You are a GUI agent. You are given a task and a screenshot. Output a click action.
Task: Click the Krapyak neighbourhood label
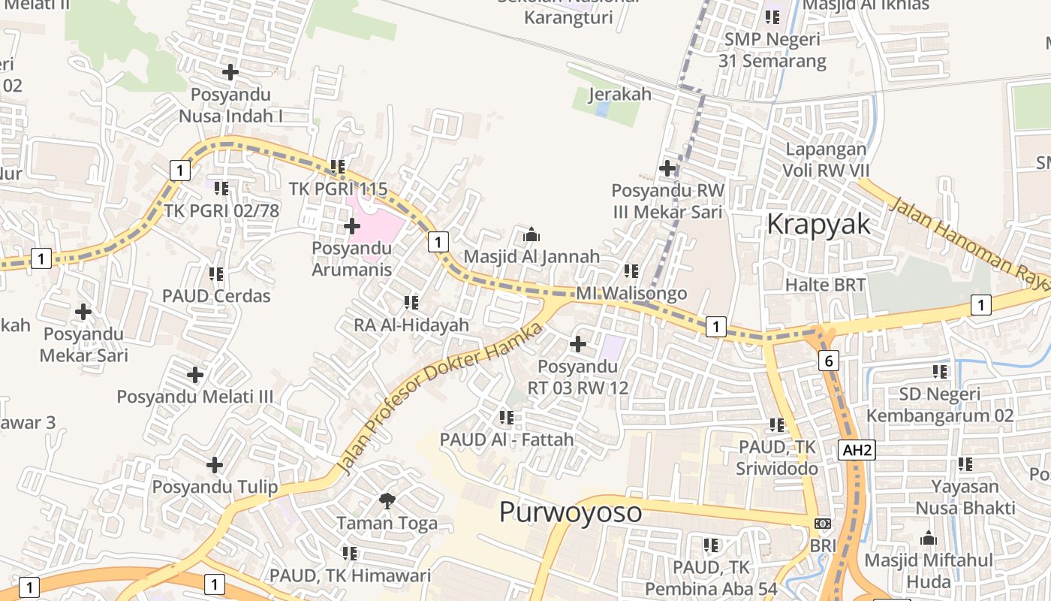(818, 225)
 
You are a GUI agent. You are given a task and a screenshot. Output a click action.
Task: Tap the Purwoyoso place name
(571, 512)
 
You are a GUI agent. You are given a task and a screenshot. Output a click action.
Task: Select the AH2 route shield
(857, 450)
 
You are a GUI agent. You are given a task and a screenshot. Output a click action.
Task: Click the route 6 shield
(828, 361)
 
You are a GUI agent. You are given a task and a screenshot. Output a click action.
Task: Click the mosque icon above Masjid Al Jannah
(532, 234)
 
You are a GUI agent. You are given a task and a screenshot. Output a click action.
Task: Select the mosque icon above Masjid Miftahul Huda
(929, 539)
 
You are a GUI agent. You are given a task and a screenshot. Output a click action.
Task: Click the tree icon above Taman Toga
(387, 500)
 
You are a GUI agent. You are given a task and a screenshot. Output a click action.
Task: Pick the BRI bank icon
(823, 524)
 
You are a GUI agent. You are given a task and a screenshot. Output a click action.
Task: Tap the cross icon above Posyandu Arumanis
(351, 225)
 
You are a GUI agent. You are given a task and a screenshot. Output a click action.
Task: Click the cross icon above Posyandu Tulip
(215, 465)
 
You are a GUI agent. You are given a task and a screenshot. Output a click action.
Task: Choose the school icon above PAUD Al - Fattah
(507, 417)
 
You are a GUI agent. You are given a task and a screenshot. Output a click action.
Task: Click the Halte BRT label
(825, 285)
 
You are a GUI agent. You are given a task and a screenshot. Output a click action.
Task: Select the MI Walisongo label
(631, 293)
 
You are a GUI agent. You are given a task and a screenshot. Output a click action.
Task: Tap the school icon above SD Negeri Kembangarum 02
(940, 372)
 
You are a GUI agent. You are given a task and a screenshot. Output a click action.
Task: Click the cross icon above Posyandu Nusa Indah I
(230, 72)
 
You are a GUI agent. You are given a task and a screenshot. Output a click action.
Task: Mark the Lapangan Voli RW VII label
(826, 159)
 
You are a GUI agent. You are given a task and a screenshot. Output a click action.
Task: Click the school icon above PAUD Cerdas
(216, 274)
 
